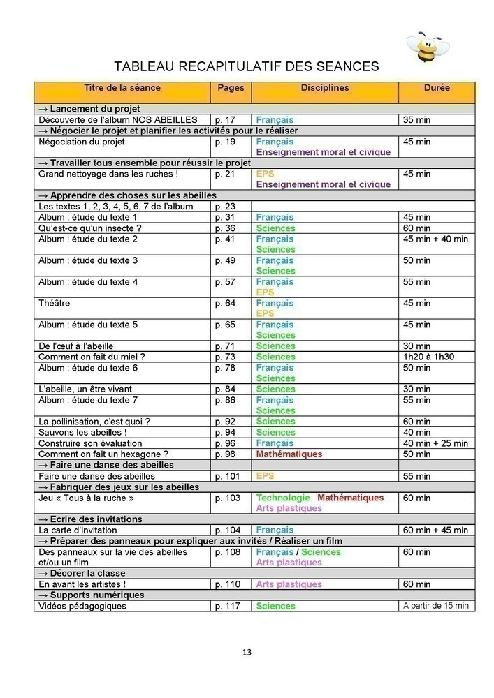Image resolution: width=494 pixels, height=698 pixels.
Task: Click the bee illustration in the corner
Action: [427, 47]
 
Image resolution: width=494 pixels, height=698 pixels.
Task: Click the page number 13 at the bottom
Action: [247, 653]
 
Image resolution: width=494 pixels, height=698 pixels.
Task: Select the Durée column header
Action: [437, 89]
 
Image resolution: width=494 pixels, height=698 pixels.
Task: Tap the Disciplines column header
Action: [325, 89]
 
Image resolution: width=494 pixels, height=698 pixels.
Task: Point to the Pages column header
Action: [231, 89]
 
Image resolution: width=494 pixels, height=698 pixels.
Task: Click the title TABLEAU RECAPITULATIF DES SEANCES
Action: [247, 66]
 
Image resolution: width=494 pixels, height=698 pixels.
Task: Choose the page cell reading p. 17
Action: [225, 120]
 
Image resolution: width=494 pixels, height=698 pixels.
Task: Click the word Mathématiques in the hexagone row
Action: [289, 454]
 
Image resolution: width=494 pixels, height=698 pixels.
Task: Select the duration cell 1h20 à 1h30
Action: [428, 357]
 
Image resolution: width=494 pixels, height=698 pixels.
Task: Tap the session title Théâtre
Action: [55, 304]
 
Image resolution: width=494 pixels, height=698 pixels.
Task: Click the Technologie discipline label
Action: [283, 498]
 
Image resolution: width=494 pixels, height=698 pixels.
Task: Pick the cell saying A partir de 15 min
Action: [436, 606]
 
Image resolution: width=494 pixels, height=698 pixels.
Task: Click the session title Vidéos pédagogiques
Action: [82, 606]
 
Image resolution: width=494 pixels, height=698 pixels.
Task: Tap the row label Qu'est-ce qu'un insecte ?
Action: [89, 228]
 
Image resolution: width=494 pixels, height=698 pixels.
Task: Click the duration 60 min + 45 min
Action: [435, 530]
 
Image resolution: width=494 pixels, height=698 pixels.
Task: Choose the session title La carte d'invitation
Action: [78, 530]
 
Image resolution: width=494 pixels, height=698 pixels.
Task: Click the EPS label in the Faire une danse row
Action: [266, 476]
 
